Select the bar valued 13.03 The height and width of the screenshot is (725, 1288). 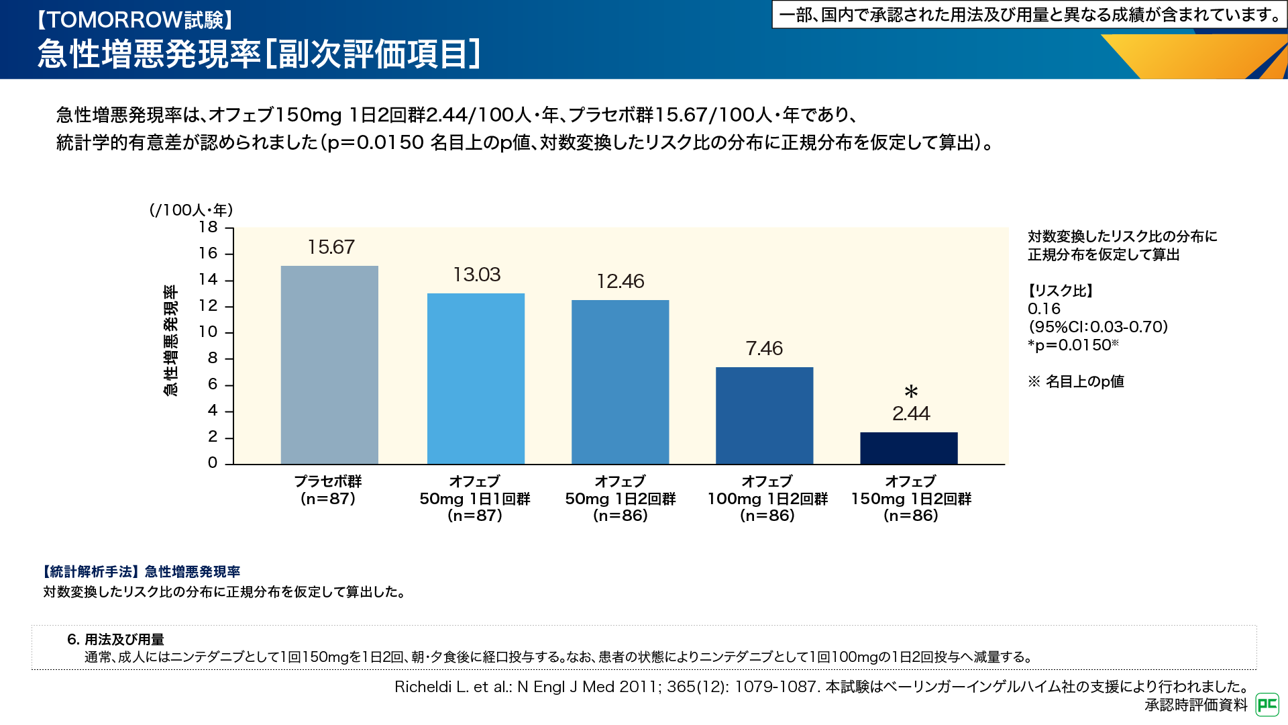(x=476, y=379)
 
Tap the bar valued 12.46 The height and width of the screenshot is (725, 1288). (x=620, y=382)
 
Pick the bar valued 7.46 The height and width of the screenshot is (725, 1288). (x=764, y=416)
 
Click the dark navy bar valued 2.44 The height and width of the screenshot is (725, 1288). (x=908, y=448)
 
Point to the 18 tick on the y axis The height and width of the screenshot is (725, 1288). (x=209, y=228)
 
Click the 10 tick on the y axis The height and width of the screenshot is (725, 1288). (x=208, y=332)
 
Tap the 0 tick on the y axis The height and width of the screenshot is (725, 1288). (x=213, y=463)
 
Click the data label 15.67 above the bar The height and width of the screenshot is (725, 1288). (x=331, y=247)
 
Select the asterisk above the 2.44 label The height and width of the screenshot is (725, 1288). (x=910, y=392)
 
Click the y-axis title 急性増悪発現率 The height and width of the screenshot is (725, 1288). (x=171, y=340)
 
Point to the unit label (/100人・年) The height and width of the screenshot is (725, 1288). (x=191, y=210)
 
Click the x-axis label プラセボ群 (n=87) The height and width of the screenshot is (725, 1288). (x=328, y=490)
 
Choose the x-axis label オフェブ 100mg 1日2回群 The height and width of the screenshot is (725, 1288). (x=767, y=498)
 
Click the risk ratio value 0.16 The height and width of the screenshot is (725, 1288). (x=1044, y=309)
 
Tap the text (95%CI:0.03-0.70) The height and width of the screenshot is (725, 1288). (x=1098, y=327)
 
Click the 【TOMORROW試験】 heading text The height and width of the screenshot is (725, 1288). (x=135, y=20)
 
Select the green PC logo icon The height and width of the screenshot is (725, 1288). (x=1267, y=704)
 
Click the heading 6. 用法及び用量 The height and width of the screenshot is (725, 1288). (x=115, y=640)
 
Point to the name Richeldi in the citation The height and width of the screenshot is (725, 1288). (x=423, y=687)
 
